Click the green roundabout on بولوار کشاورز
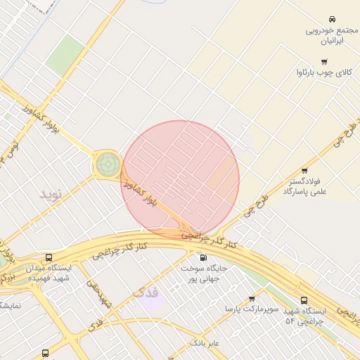(108, 164)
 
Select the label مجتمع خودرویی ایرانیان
(332, 36)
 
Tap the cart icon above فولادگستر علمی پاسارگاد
(304, 170)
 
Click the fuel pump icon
(204, 256)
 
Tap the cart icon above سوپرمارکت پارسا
(251, 298)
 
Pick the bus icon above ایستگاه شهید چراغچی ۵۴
(304, 300)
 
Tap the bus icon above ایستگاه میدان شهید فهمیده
(49, 257)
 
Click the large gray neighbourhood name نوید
(53, 193)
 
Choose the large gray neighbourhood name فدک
(146, 291)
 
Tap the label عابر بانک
(205, 343)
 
